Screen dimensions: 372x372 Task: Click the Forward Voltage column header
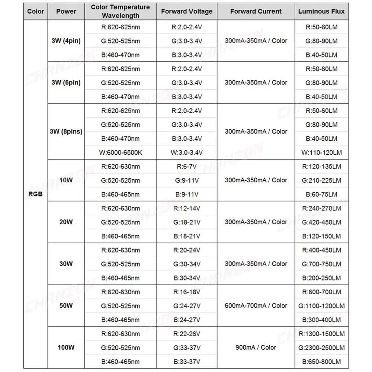187,11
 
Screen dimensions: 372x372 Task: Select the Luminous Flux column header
321,11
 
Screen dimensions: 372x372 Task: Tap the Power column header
66,11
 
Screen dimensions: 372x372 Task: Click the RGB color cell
36,194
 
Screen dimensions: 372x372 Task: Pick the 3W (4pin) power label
66,41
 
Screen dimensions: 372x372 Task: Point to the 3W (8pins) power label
66,131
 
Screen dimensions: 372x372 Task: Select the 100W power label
66,347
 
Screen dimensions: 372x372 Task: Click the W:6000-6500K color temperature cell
121,152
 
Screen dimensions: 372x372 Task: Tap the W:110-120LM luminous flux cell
321,152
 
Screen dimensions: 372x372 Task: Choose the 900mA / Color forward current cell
256,347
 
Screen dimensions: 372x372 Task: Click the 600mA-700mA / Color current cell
256,305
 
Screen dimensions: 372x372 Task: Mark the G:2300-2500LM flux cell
321,347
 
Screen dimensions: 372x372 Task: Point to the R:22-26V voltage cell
187,334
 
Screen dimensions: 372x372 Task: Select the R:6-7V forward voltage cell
187,166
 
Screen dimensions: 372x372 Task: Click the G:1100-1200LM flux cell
321,306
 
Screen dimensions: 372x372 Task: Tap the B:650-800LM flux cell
321,361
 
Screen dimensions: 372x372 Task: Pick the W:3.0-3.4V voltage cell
187,152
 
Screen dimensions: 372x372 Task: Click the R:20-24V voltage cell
187,250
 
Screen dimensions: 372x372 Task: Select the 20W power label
66,222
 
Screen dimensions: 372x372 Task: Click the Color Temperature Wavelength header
121,11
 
